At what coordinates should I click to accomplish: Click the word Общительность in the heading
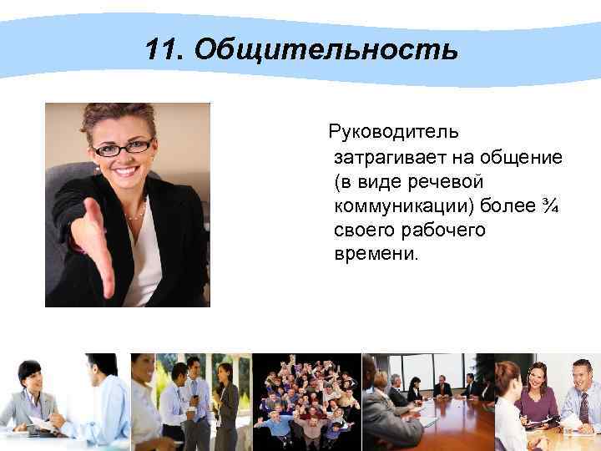tap(326, 51)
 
